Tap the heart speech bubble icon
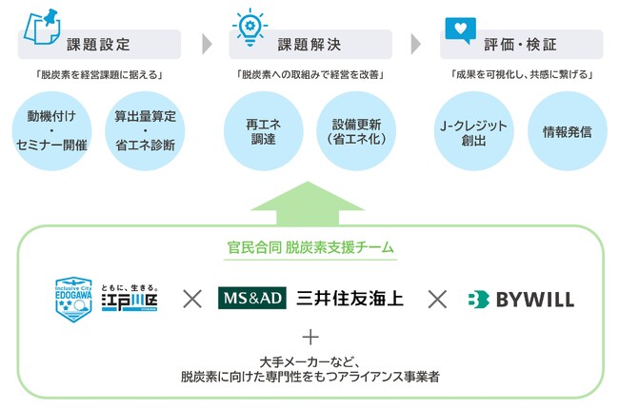459,27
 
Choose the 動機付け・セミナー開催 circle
51,131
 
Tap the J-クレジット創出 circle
469,131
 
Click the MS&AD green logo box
251,299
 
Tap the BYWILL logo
520,300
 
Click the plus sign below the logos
310,337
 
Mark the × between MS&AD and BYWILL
437,300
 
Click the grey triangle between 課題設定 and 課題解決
206,45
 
